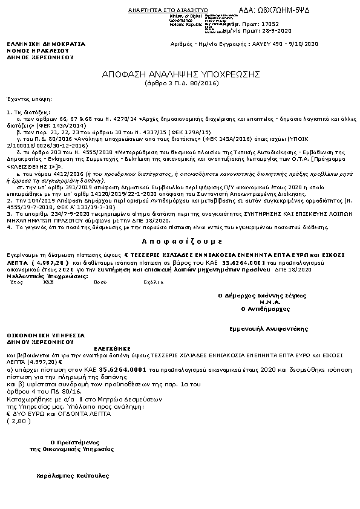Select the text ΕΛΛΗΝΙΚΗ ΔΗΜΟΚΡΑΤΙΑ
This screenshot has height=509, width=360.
(x=46, y=44)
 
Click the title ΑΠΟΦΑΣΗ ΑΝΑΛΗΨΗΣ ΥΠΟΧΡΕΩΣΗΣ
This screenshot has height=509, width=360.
(x=180, y=74)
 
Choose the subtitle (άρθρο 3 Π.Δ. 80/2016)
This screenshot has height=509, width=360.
(x=180, y=82)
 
